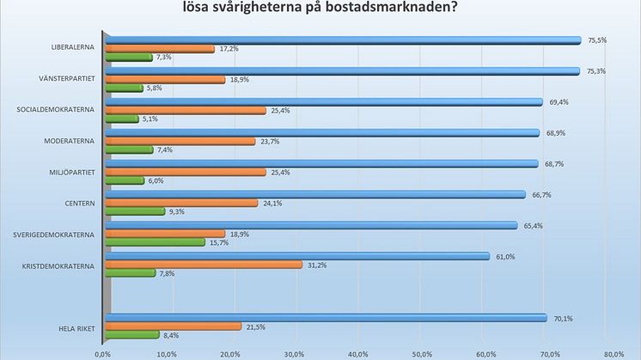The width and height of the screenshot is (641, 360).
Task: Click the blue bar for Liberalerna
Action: coord(344,40)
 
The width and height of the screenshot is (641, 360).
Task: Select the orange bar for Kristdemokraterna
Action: coord(203,264)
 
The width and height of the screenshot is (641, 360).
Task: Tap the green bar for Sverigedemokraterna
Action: coord(155,242)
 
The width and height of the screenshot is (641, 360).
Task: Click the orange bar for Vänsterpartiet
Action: coord(164,79)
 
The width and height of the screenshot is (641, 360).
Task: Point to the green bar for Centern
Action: coord(134,211)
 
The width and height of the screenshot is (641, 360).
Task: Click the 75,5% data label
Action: coord(596,40)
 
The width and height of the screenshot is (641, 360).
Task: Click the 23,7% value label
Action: coord(269,141)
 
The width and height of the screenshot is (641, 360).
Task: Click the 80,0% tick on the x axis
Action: coord(613,353)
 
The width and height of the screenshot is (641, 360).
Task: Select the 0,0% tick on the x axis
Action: coord(103,353)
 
